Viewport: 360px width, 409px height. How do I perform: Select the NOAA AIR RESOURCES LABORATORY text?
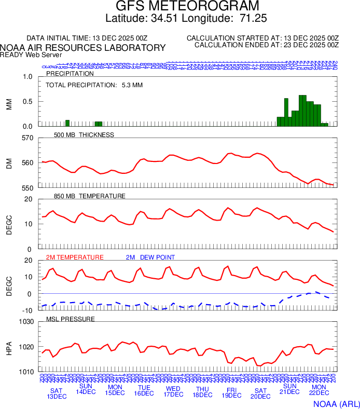tap(83, 48)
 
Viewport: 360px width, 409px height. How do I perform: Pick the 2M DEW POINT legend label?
tap(150, 257)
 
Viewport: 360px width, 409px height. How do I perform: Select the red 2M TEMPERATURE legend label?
tap(75, 257)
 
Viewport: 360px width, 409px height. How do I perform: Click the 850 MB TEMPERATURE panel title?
tap(89, 196)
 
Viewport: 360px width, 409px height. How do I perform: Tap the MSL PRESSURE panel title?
tap(71, 319)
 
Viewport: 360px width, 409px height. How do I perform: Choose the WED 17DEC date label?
tap(173, 391)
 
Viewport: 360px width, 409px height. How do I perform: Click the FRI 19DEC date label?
tap(231, 392)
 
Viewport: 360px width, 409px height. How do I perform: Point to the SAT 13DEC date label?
tap(57, 393)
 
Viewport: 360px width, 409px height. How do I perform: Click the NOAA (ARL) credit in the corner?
tap(336, 403)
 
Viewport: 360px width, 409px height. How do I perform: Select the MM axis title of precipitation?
tap(9, 102)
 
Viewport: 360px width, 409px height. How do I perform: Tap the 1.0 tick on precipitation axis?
tap(27, 77)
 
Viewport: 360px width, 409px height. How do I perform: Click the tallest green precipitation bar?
tap(302, 111)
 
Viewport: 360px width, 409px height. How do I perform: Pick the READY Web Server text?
tap(31, 54)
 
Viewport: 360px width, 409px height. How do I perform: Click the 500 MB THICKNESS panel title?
tap(84, 135)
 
